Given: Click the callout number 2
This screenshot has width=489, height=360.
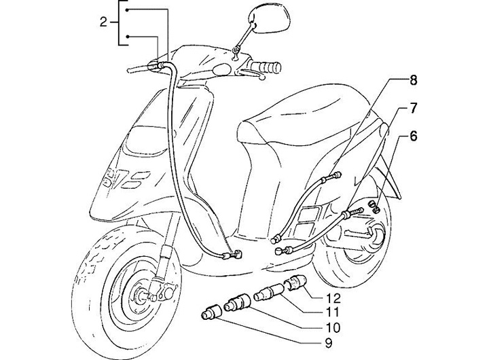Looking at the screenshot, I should click(103, 22).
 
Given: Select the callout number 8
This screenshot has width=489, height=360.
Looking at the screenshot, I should click(413, 81).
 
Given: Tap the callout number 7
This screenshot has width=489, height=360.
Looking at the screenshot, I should click(413, 108).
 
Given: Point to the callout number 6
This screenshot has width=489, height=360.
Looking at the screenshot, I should click(413, 136).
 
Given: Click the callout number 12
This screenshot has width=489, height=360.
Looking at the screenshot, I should click(333, 298).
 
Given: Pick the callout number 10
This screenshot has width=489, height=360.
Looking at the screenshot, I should click(333, 327).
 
